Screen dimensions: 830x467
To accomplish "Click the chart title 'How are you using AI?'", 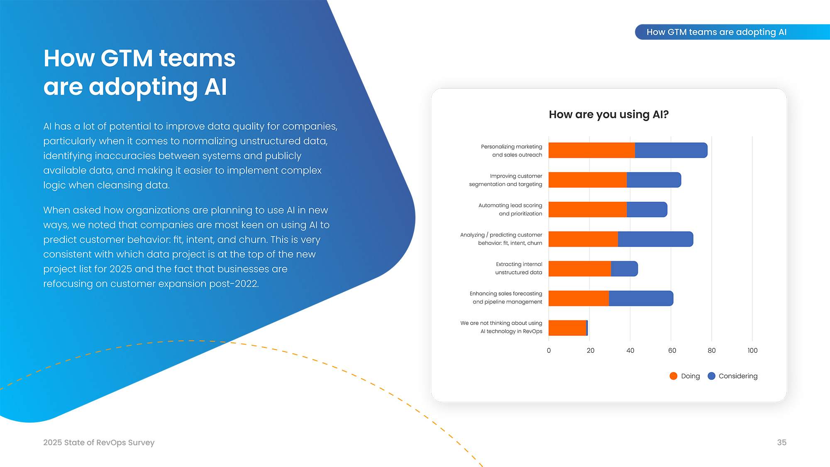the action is (608, 115).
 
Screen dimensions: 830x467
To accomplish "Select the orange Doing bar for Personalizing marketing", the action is (592, 150).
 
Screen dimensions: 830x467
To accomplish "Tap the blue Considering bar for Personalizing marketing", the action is (671, 150).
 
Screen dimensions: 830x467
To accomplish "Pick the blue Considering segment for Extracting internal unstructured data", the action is (624, 269).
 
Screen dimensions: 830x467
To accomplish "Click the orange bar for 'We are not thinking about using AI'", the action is (567, 328).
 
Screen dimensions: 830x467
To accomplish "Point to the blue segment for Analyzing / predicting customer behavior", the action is (655, 239).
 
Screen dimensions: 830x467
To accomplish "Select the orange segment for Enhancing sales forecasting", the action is (579, 298).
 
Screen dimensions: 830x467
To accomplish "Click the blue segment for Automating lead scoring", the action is (647, 210).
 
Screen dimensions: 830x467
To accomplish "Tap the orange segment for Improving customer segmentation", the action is (588, 180).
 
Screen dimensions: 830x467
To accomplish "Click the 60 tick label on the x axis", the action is (672, 350).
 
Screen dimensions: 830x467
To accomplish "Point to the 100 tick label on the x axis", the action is (752, 350).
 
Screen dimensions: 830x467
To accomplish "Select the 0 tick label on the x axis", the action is (549, 350).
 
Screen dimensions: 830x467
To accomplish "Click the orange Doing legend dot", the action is (674, 376).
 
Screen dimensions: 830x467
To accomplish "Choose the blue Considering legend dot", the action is (711, 376).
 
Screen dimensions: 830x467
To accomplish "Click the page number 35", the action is (781, 443).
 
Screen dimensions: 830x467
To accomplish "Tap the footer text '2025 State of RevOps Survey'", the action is (99, 443).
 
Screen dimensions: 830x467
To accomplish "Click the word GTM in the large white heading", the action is (127, 58).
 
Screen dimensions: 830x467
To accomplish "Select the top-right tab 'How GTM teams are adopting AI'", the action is (716, 32).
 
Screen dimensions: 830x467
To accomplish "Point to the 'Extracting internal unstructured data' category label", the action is (519, 268).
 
